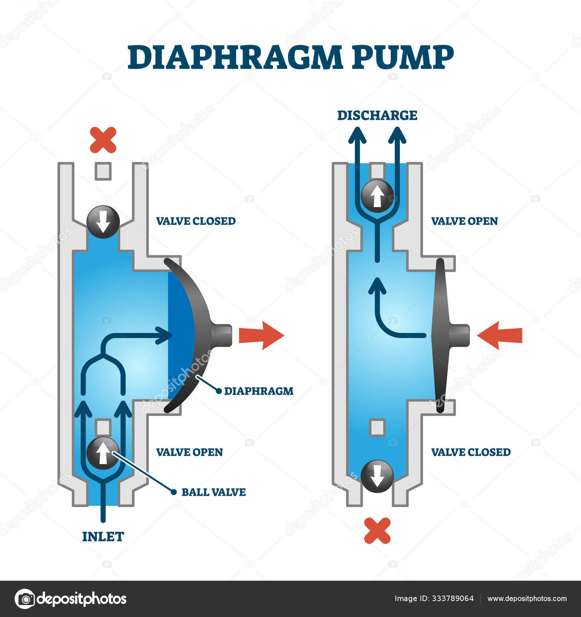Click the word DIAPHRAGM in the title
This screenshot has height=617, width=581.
[x=235, y=57]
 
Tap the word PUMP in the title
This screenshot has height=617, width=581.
[x=403, y=57]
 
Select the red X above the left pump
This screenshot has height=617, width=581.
[x=103, y=140]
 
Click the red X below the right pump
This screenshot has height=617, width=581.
[x=377, y=531]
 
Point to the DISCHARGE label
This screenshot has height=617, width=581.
[x=377, y=115]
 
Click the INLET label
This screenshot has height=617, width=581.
[x=103, y=537]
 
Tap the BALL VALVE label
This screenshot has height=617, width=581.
[x=214, y=492]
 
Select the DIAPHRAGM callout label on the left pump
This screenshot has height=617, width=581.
[x=259, y=391]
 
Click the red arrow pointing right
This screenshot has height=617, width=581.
[x=261, y=335]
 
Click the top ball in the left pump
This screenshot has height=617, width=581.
[x=103, y=222]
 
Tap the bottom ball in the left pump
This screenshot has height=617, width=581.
[x=103, y=453]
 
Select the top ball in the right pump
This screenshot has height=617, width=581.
[x=377, y=196]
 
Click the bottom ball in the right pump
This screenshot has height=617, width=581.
[x=377, y=476]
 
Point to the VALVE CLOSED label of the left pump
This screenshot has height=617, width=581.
[x=196, y=221]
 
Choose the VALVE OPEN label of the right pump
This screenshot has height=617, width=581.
[x=464, y=221]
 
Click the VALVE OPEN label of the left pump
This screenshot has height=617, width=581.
[x=189, y=452]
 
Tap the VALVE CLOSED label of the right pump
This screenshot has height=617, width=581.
[x=471, y=452]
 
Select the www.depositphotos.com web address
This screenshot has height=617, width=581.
[x=527, y=599]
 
